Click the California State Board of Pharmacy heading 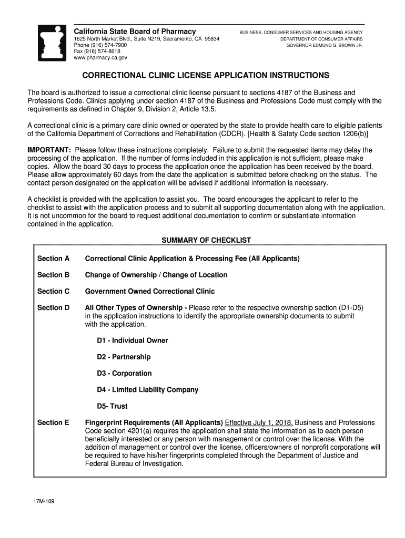tap(135, 32)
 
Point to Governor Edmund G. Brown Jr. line tap(324, 46)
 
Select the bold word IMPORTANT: tap(49, 150)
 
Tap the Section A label tap(53, 258)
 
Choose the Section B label tap(53, 275)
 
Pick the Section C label tap(53, 291)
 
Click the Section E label tap(53, 422)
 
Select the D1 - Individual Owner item tap(132, 340)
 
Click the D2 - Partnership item tap(124, 357)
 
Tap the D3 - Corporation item tap(124, 374)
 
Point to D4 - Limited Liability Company tap(147, 390)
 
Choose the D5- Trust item tap(112, 406)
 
